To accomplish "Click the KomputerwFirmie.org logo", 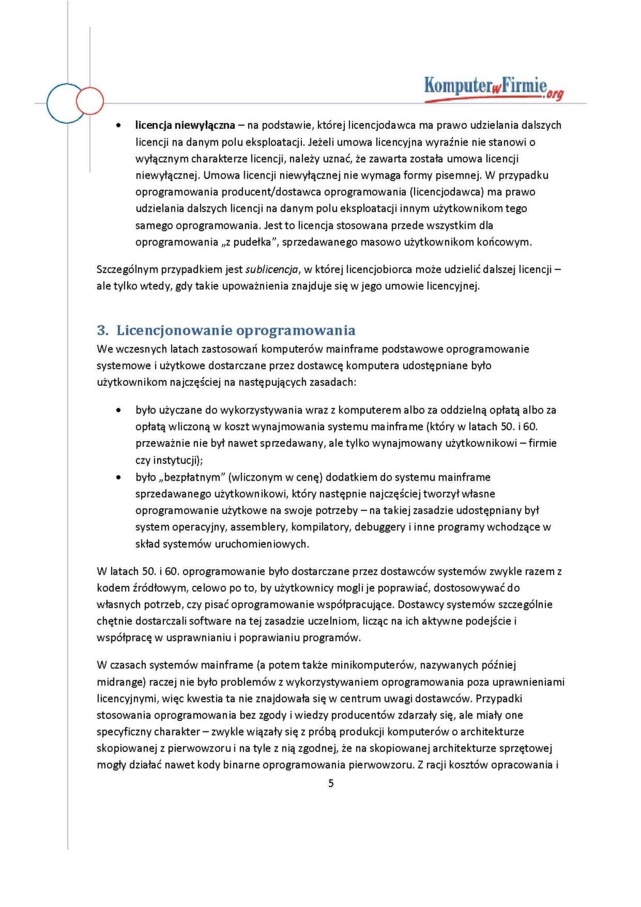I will pos(494,88).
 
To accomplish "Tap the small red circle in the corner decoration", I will pos(90,101).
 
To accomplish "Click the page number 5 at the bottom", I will pos(331,783).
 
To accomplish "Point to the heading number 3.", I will pos(101,331).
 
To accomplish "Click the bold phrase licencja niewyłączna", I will pos(185,126).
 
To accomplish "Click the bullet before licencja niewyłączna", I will pos(119,126).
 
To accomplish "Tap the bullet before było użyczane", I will pos(119,410).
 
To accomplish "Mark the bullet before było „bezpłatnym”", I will pos(119,478).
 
